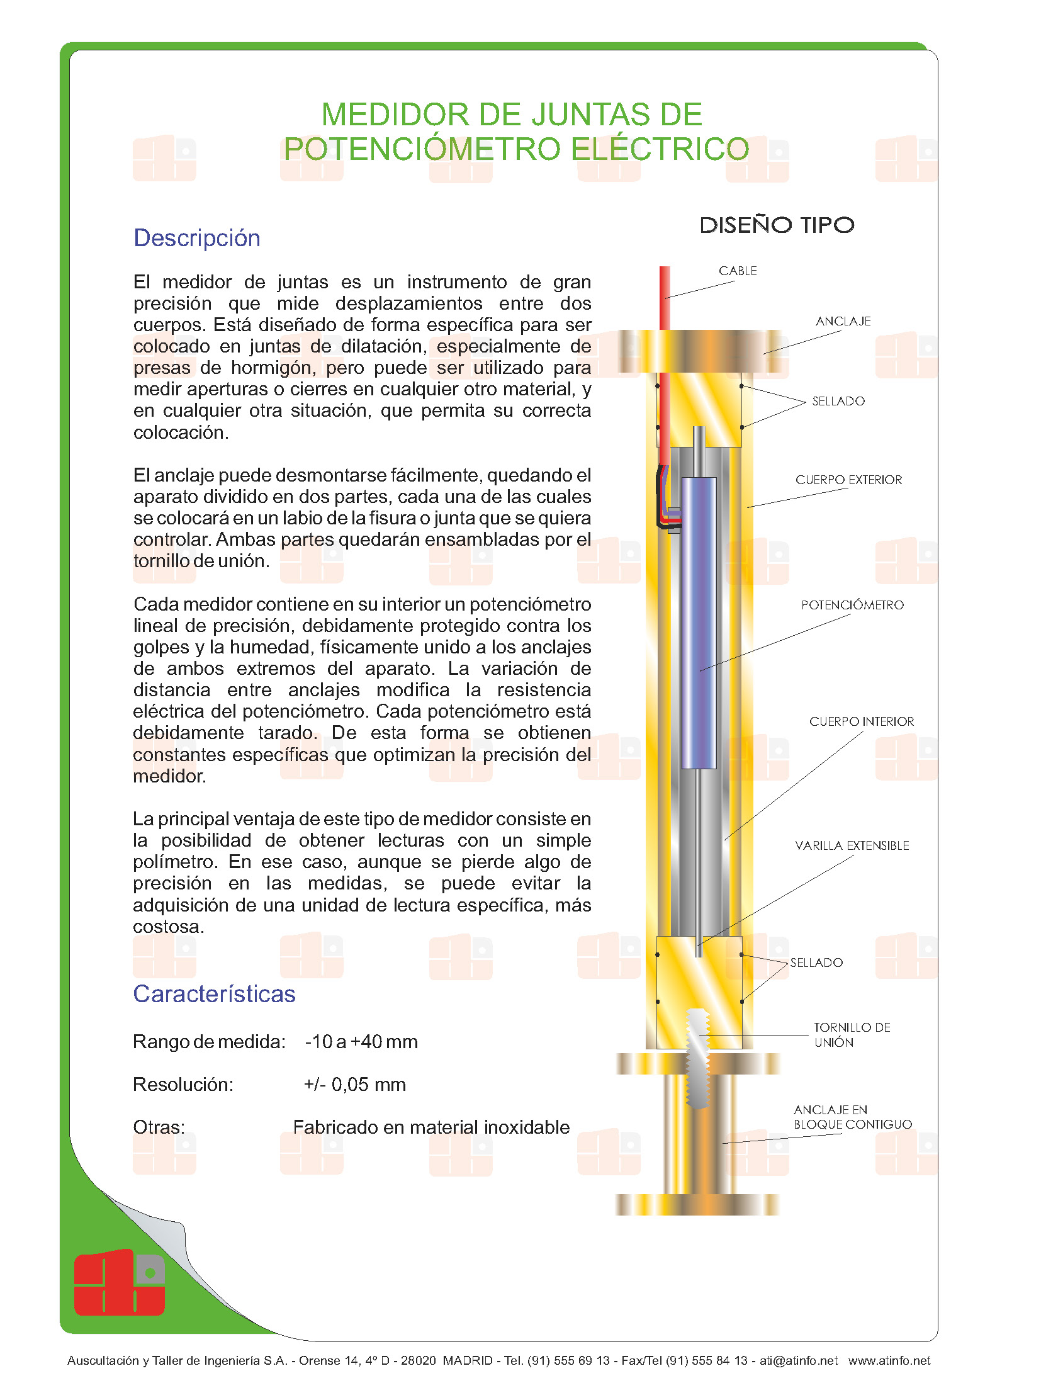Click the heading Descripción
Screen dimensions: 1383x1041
coord(196,238)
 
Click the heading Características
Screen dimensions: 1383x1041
coord(214,993)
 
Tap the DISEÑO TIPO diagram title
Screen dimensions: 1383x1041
coord(777,225)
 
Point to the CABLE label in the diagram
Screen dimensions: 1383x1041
coord(738,271)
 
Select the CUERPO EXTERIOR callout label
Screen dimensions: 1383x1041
coord(848,480)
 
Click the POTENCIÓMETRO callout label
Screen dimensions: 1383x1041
coord(852,605)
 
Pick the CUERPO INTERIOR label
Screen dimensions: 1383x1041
coord(861,721)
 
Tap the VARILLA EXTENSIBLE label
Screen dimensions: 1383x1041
coord(852,845)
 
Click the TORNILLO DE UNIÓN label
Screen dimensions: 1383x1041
coord(852,1034)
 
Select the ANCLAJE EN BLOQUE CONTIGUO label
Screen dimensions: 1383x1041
coord(852,1117)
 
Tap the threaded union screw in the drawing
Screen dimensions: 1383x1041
coord(697,1058)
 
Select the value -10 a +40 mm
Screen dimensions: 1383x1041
coord(361,1041)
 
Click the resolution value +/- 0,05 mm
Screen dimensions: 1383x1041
coord(355,1084)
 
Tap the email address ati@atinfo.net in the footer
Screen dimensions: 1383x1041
coord(798,1360)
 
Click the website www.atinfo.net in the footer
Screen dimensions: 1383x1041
coord(889,1360)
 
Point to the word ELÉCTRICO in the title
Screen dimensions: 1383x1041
coord(660,149)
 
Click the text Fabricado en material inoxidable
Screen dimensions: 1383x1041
coord(431,1127)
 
